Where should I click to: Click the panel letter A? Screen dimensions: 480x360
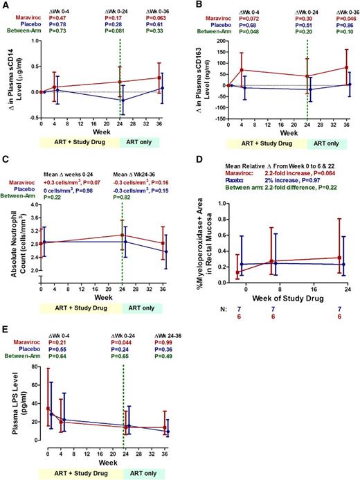click(5, 5)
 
